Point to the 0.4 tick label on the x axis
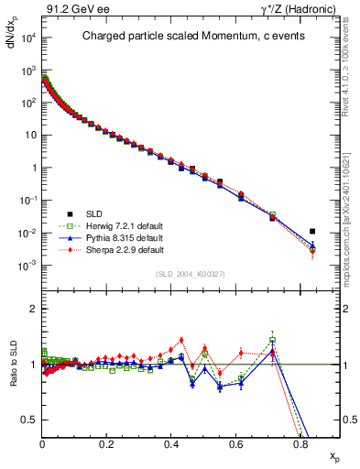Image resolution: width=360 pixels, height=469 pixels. coord(171,442)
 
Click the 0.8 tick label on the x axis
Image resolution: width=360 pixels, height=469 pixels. coord(300,442)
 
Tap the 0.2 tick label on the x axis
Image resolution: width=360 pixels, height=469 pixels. coord(106,442)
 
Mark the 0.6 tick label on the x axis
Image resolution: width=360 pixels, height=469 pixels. coord(235,442)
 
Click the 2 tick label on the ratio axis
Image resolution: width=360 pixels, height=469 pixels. coord(33,310)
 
